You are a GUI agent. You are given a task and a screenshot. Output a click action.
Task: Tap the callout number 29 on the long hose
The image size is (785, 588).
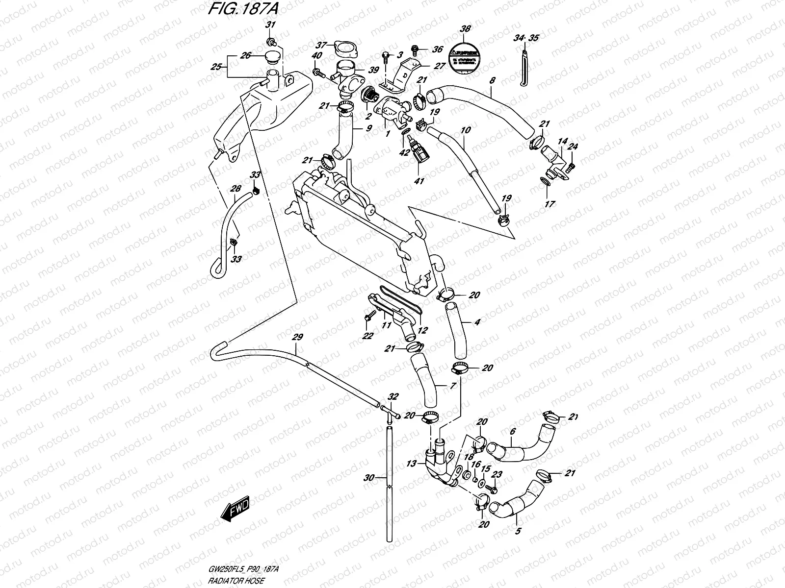tap(298, 337)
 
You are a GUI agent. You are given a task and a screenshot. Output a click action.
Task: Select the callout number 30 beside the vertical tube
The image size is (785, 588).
tap(369, 478)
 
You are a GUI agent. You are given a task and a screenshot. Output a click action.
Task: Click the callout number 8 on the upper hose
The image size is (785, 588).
tap(492, 80)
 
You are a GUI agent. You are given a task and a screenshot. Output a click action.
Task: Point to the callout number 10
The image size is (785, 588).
tap(466, 130)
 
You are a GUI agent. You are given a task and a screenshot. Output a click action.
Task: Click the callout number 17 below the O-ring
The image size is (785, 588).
tap(549, 204)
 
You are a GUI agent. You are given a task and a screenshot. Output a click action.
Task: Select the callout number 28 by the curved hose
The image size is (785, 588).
tap(236, 189)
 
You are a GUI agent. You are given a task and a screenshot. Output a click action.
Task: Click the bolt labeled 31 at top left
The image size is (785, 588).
tap(270, 40)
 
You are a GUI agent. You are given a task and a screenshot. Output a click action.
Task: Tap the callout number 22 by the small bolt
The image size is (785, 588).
tap(367, 336)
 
